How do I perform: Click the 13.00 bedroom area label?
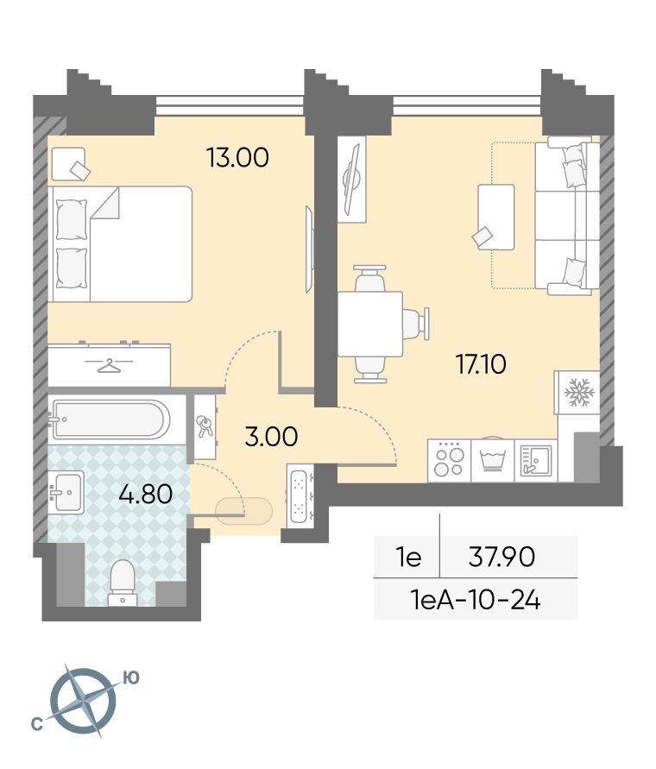237,158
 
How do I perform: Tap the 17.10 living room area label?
481,364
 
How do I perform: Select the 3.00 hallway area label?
271,437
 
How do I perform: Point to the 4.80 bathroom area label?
146,494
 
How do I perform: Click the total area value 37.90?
501,558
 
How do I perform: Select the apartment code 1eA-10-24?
476,600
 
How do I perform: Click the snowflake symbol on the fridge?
579,393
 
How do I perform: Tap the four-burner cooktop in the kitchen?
450,461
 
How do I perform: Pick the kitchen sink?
535,461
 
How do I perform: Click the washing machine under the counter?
493,460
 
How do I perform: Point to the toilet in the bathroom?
123,583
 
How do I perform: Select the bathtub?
110,419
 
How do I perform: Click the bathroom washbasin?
66,492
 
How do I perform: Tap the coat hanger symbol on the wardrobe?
109,365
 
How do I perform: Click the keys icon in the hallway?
205,426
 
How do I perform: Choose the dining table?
370,325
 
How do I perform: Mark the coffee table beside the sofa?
496,217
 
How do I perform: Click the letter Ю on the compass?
130,678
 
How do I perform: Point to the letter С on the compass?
37,724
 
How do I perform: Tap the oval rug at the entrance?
244,511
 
